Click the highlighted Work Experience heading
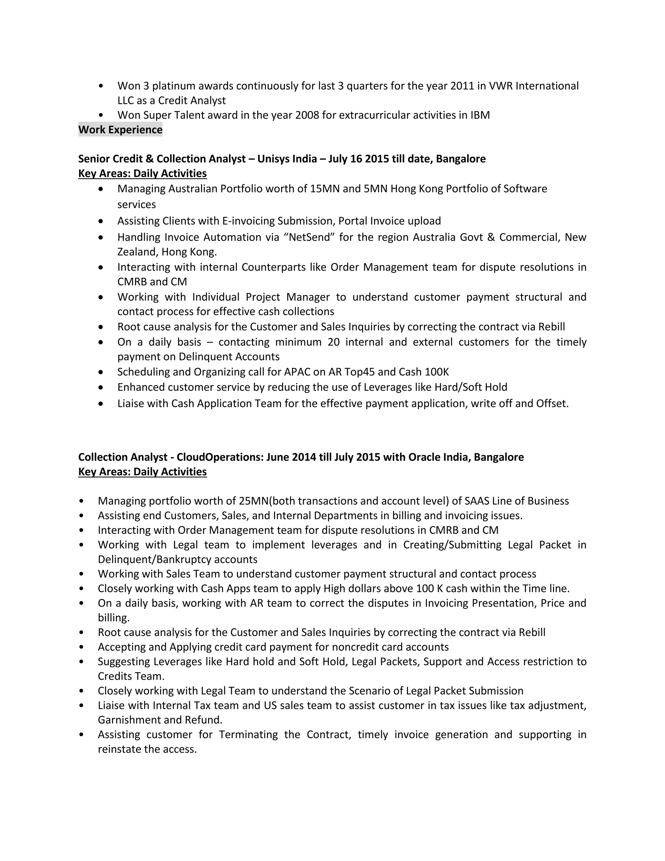(x=120, y=129)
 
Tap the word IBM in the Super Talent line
(x=480, y=115)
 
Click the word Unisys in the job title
(x=273, y=159)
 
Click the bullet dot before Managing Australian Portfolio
(x=101, y=189)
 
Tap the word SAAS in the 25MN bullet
(x=477, y=501)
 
